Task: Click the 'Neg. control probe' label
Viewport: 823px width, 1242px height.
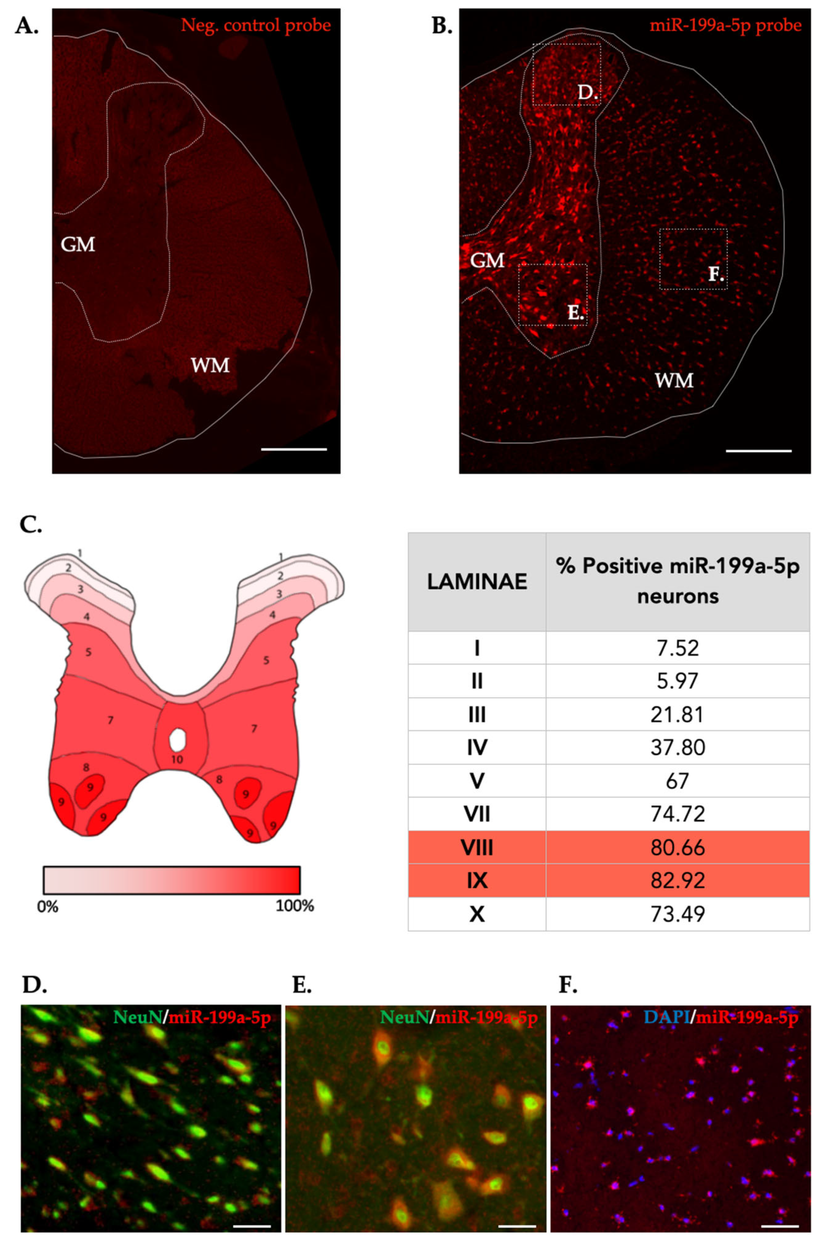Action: pyautogui.click(x=256, y=25)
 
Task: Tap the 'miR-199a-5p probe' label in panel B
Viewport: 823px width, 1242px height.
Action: pyautogui.click(x=725, y=25)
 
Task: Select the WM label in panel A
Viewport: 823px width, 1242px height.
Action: pyautogui.click(x=210, y=365)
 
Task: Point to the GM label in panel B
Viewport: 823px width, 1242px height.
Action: pyautogui.click(x=487, y=260)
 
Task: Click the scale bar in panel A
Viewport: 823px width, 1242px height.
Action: pyautogui.click(x=294, y=449)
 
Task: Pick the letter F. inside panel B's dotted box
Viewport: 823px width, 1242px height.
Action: pyautogui.click(x=716, y=273)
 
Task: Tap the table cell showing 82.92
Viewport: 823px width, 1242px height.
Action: pyautogui.click(x=677, y=880)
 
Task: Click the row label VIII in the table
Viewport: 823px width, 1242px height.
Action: pyautogui.click(x=477, y=847)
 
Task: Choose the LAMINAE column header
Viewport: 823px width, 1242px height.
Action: pyautogui.click(x=477, y=582)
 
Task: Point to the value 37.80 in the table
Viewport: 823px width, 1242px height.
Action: pyautogui.click(x=677, y=747)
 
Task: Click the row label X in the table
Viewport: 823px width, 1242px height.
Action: pyautogui.click(x=477, y=914)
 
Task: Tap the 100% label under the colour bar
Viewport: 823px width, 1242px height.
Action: pyautogui.click(x=295, y=905)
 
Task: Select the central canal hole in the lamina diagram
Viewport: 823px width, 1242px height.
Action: pyautogui.click(x=178, y=739)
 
